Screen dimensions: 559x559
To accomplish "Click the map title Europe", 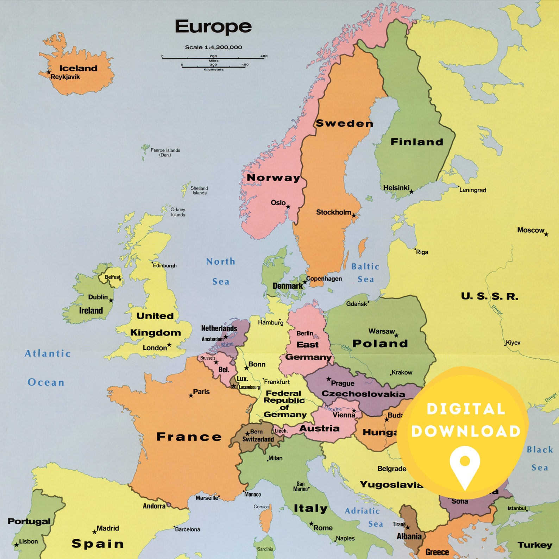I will pos(213,27).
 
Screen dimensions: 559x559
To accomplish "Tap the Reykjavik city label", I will pos(65,77).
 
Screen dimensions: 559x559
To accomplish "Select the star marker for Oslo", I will pos(288,207).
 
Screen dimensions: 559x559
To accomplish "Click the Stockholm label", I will pos(333,212).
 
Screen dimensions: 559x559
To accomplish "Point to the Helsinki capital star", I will pos(411,192).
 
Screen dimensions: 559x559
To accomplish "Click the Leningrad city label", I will pos(473,190).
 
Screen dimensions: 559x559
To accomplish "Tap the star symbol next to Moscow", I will pos(546,234).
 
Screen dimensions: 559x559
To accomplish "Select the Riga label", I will pos(422,252).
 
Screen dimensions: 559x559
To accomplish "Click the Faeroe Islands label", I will pos(165,152).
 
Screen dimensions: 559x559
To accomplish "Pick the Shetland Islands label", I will pos(199,190).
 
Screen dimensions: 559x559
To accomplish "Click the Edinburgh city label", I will pos(165,265).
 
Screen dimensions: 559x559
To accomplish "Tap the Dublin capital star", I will pos(111,300).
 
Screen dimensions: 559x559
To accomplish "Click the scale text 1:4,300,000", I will pos(213,47).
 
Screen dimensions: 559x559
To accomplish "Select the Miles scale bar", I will pos(213,58).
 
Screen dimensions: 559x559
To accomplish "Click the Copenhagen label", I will pos(324,278).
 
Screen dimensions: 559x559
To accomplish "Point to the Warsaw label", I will pos(382,331).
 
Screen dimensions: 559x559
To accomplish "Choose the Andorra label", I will pos(154,506).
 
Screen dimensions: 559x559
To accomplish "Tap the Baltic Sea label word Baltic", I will pos(365,267).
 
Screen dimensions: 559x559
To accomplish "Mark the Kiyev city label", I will pos(513,343).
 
